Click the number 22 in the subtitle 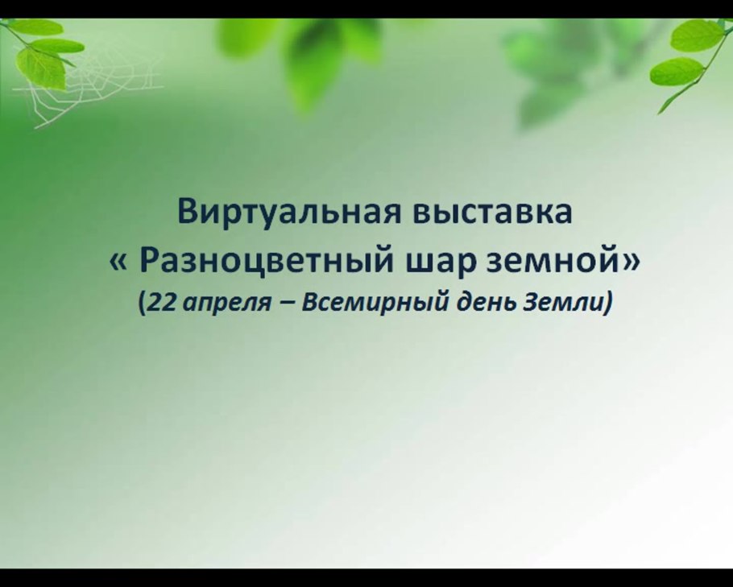(156, 304)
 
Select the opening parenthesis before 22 (141, 304)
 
